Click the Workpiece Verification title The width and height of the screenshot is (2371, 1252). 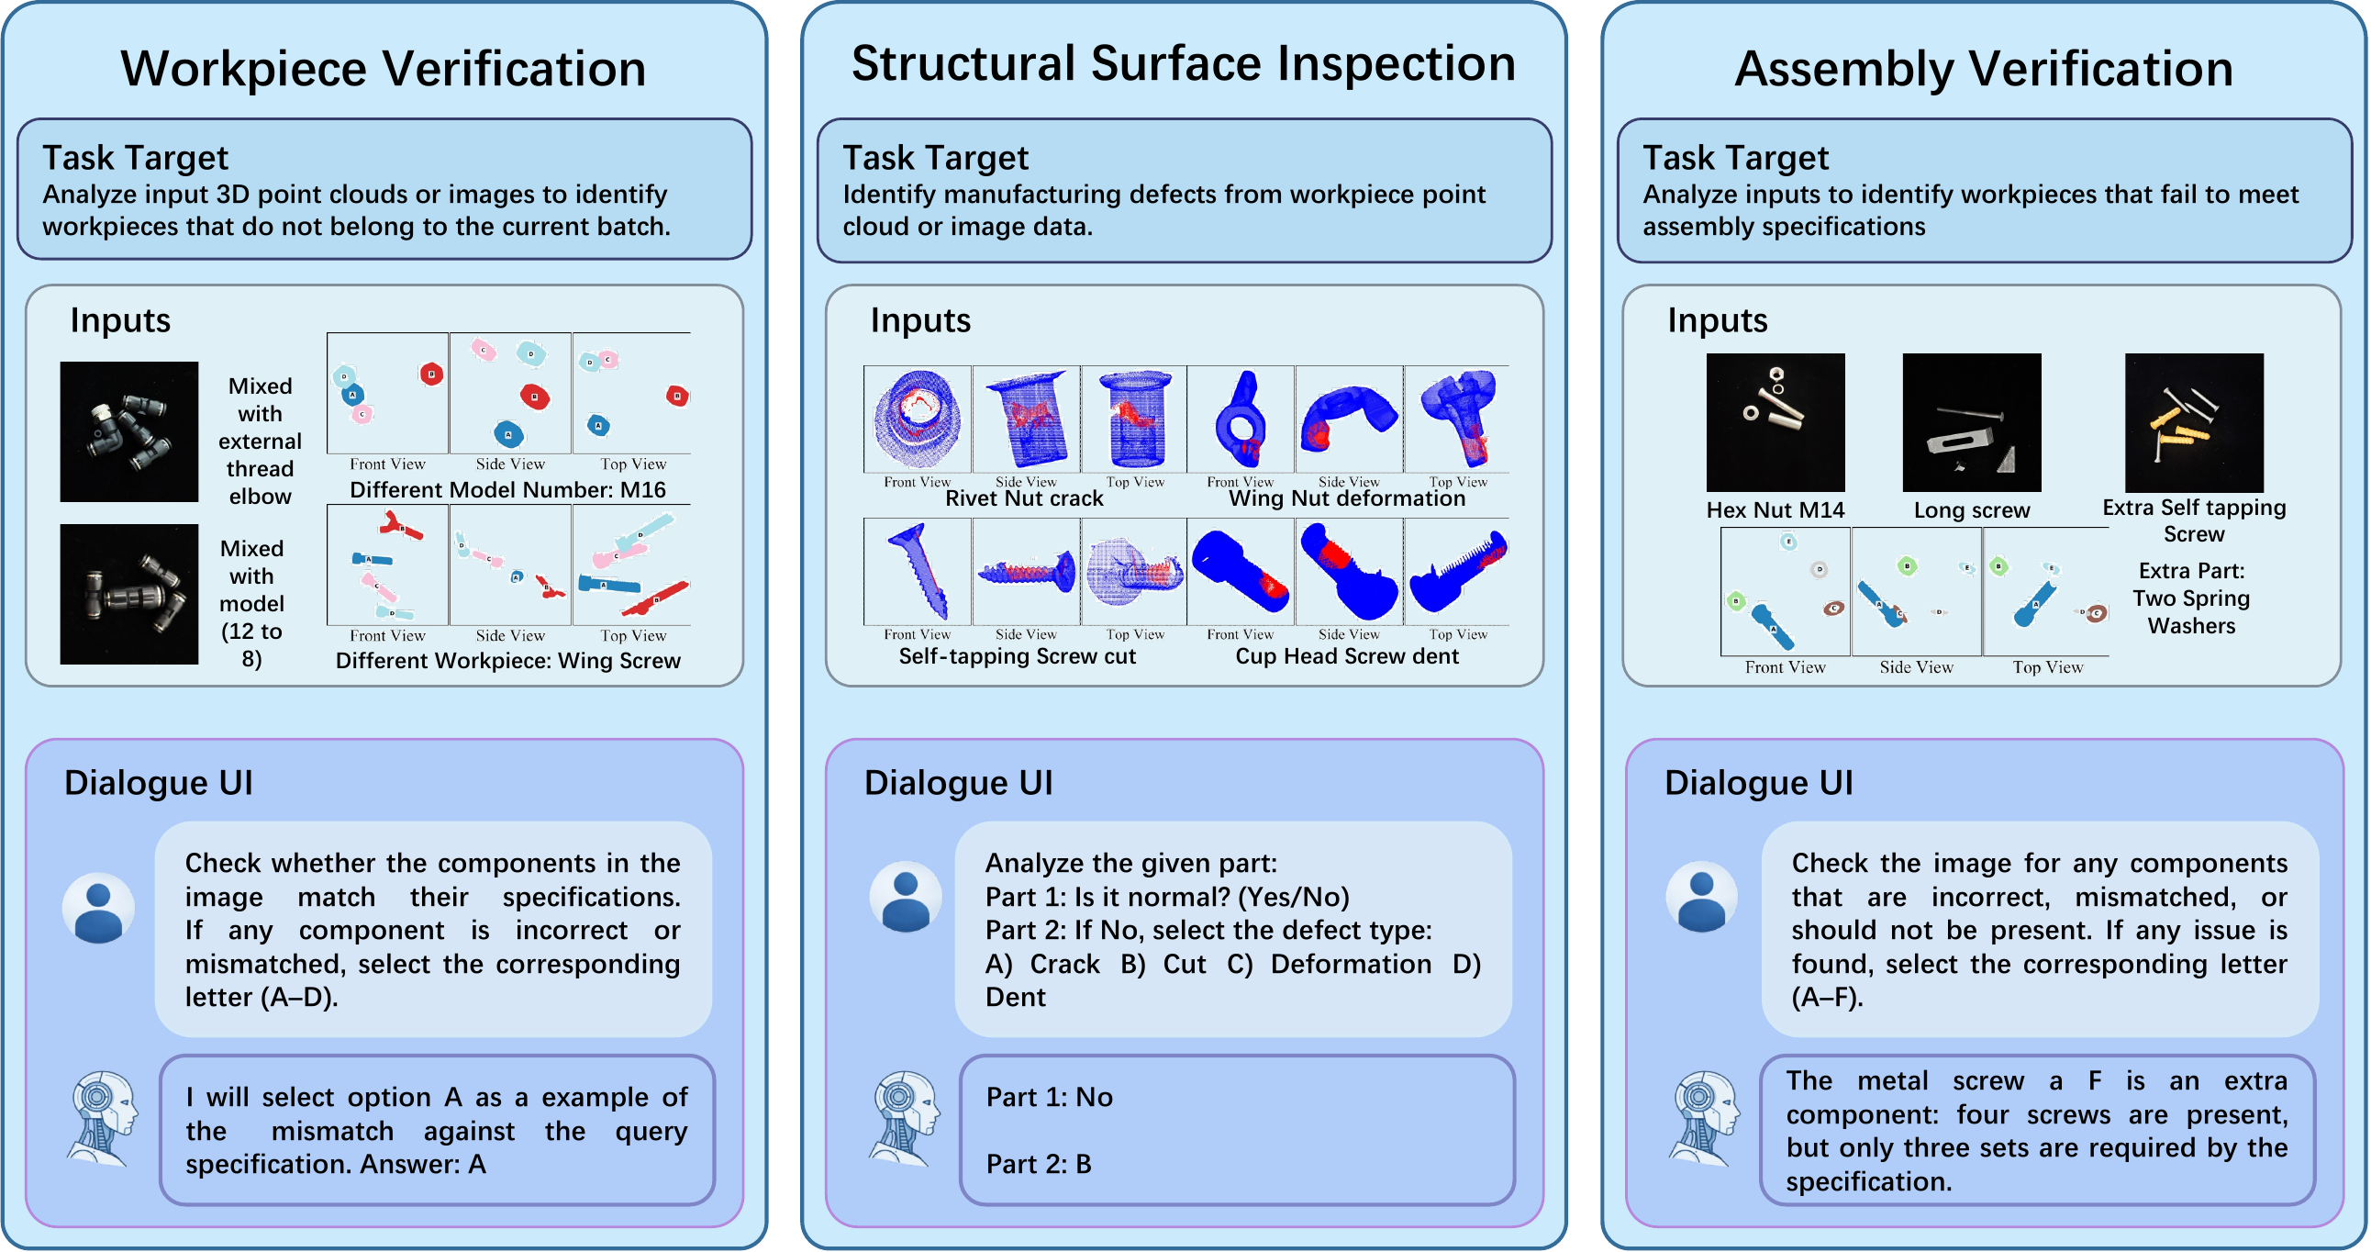(x=383, y=69)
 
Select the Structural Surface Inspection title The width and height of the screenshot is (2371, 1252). (x=1183, y=63)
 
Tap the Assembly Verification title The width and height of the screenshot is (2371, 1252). (x=1984, y=69)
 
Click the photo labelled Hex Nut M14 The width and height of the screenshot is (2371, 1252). (x=1775, y=422)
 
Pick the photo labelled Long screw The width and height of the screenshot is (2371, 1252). (x=1971, y=422)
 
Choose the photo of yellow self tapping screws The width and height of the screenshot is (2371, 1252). (x=2193, y=422)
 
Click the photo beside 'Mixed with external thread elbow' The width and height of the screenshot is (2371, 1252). (x=128, y=430)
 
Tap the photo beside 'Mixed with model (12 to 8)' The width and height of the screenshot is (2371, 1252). (x=128, y=594)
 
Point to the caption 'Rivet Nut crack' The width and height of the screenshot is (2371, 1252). (x=1023, y=498)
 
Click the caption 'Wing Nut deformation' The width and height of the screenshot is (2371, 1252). (x=1347, y=498)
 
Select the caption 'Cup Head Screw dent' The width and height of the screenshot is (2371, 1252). (x=1347, y=655)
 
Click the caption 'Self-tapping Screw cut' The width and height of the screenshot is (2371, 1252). (x=1017, y=655)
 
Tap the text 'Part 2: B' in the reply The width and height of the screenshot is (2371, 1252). (x=1039, y=1164)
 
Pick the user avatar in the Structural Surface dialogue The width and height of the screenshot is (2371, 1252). (x=906, y=897)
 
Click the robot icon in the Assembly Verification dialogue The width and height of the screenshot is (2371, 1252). (x=1705, y=1118)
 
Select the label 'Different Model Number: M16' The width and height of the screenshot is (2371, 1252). (x=507, y=490)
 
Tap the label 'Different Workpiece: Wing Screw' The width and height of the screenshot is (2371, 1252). (x=507, y=660)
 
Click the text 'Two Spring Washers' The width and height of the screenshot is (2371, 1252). (x=2190, y=612)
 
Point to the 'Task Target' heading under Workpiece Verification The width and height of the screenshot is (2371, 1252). (x=135, y=158)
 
